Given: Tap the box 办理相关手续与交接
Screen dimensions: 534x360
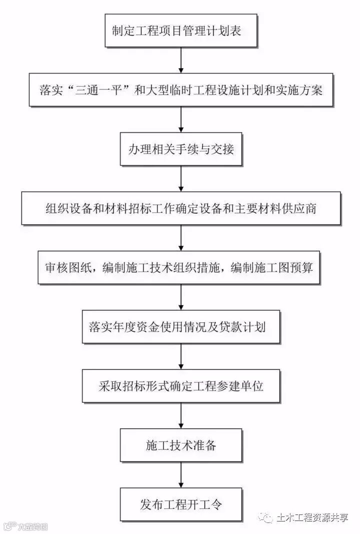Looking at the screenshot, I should tap(181, 149).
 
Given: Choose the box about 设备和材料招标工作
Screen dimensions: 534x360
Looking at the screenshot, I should tap(181, 208).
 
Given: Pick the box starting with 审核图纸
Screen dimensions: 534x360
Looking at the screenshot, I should tap(181, 268).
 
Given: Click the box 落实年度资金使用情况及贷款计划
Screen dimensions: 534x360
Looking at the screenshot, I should tap(181, 327).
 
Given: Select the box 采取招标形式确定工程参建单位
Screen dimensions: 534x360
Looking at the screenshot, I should tap(181, 386).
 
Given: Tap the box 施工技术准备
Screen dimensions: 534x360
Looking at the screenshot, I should tap(181, 445).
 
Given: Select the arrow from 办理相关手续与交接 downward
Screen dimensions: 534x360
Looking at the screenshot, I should tap(181, 178).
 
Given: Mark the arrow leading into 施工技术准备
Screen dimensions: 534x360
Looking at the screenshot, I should tap(181, 416).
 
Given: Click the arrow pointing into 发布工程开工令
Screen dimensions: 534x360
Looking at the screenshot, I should tap(181, 474).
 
